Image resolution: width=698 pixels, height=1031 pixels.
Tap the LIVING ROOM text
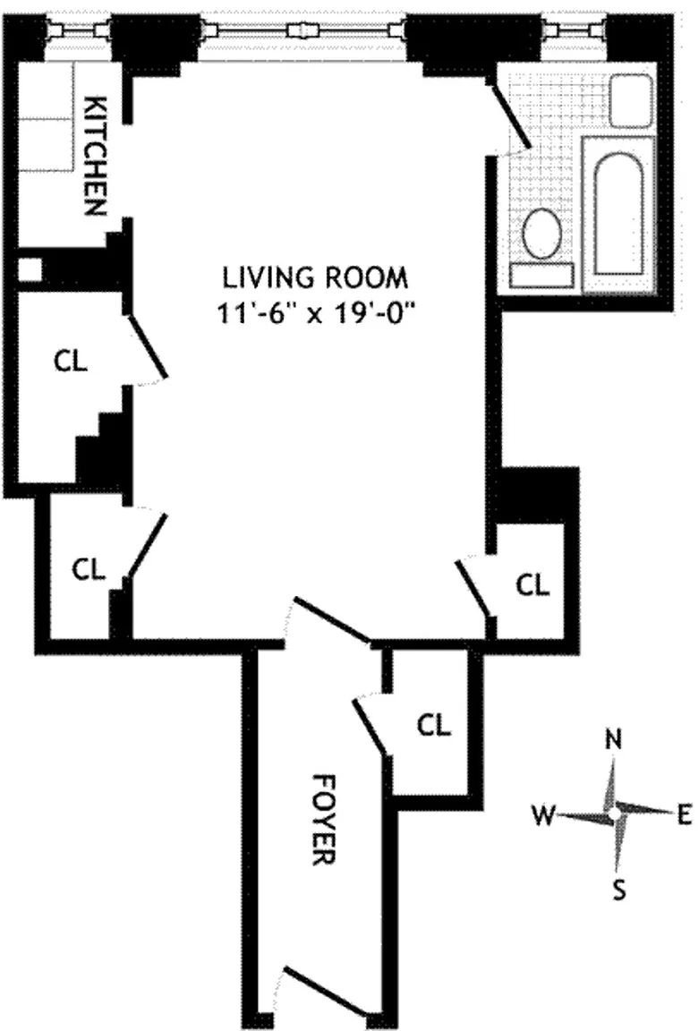314,277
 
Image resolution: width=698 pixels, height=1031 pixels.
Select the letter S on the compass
617,889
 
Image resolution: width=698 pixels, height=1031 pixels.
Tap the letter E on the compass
685,814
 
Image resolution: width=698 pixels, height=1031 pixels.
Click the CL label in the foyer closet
434,724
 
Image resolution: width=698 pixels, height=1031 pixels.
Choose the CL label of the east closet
533,585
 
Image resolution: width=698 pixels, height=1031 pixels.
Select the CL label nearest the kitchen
71,362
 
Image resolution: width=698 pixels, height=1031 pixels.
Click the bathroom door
511,117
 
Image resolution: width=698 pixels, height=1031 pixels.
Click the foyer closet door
370,727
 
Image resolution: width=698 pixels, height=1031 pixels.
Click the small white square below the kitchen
30,268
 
